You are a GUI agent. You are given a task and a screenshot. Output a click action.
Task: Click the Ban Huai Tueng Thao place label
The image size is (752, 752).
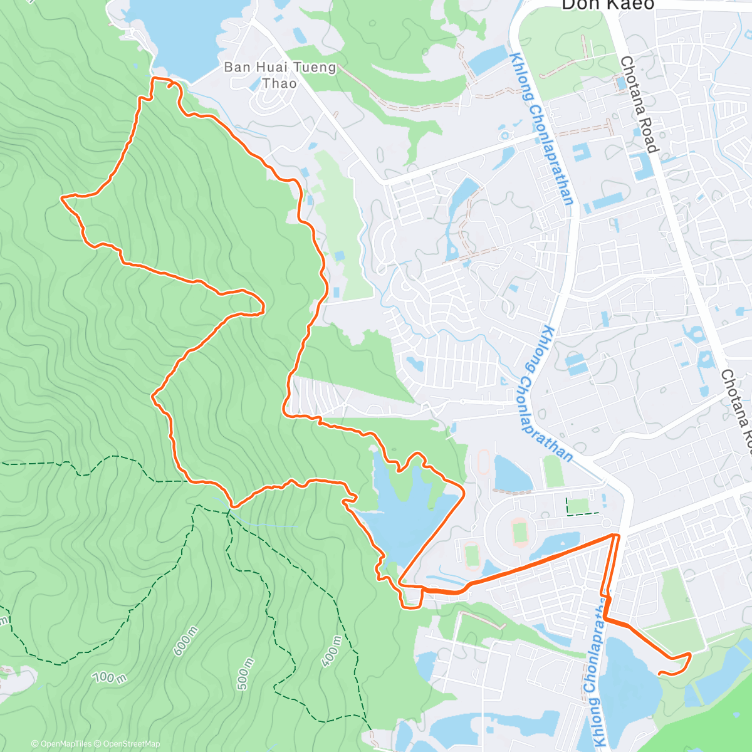(280, 75)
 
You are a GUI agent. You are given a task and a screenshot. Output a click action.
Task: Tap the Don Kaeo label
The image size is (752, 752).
(607, 5)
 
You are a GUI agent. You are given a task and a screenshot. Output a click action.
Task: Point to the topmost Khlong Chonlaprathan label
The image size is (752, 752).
(542, 128)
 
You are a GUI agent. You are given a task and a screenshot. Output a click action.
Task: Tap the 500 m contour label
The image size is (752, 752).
(245, 674)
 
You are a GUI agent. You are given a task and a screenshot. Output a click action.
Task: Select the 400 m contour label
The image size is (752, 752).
(330, 651)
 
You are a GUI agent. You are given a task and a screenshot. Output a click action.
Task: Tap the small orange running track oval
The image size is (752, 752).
(483, 462)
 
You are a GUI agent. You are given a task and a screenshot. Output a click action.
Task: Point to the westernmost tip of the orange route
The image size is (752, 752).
(62, 198)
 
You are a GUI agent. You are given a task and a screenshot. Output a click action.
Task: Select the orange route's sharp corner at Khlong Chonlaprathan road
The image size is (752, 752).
(618, 536)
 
